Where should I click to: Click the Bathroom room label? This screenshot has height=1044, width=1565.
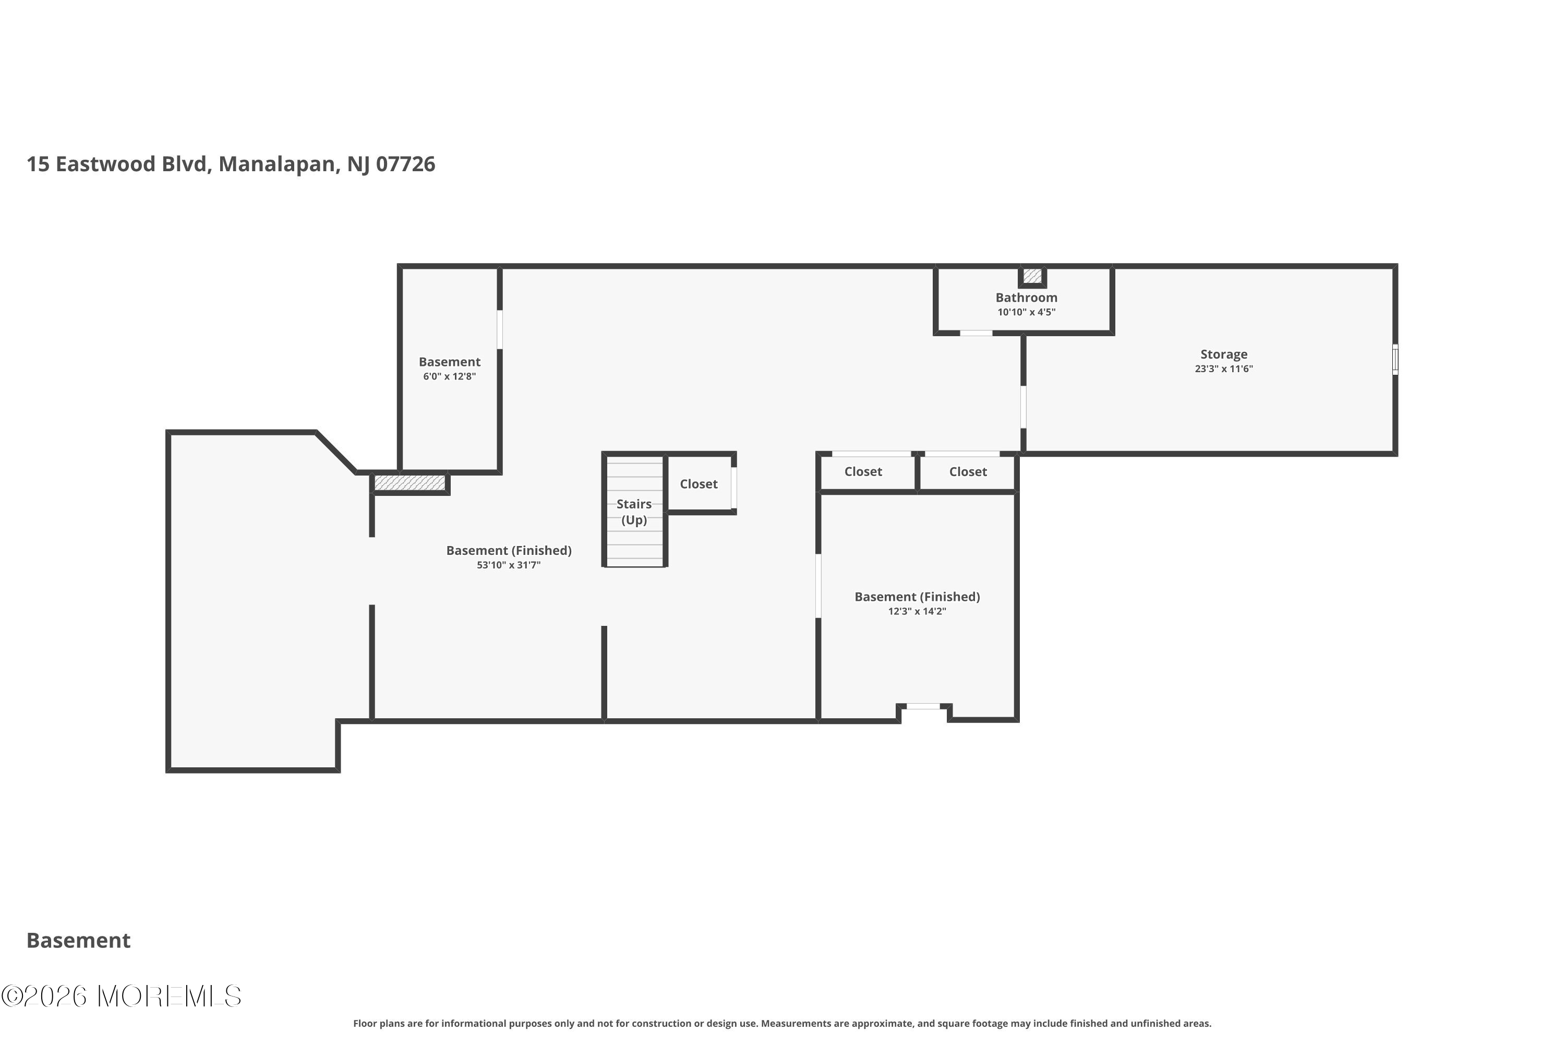1026,298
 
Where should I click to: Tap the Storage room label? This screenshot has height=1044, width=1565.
1224,354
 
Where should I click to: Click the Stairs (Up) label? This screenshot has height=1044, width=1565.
634,512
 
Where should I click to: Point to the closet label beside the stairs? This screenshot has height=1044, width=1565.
699,484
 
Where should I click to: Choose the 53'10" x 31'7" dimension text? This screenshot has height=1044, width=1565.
508,565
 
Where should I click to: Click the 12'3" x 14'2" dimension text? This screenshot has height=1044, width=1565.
917,611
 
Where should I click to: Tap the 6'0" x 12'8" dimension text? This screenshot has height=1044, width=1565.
449,376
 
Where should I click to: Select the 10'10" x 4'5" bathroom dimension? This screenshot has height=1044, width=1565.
1026,312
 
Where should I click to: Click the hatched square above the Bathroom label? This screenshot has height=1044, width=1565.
1032,276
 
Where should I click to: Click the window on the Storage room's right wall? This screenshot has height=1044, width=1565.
1395,360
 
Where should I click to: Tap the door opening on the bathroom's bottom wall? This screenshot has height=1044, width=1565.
976,333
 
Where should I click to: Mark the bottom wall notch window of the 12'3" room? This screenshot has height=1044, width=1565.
923,706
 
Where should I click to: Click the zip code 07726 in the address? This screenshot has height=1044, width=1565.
405,164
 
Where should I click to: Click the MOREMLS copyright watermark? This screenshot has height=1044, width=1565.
121,996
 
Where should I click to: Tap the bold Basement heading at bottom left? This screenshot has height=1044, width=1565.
79,940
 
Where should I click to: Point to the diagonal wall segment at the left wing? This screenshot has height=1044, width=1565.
336,453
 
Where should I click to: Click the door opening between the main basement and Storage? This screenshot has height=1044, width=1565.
1024,407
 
